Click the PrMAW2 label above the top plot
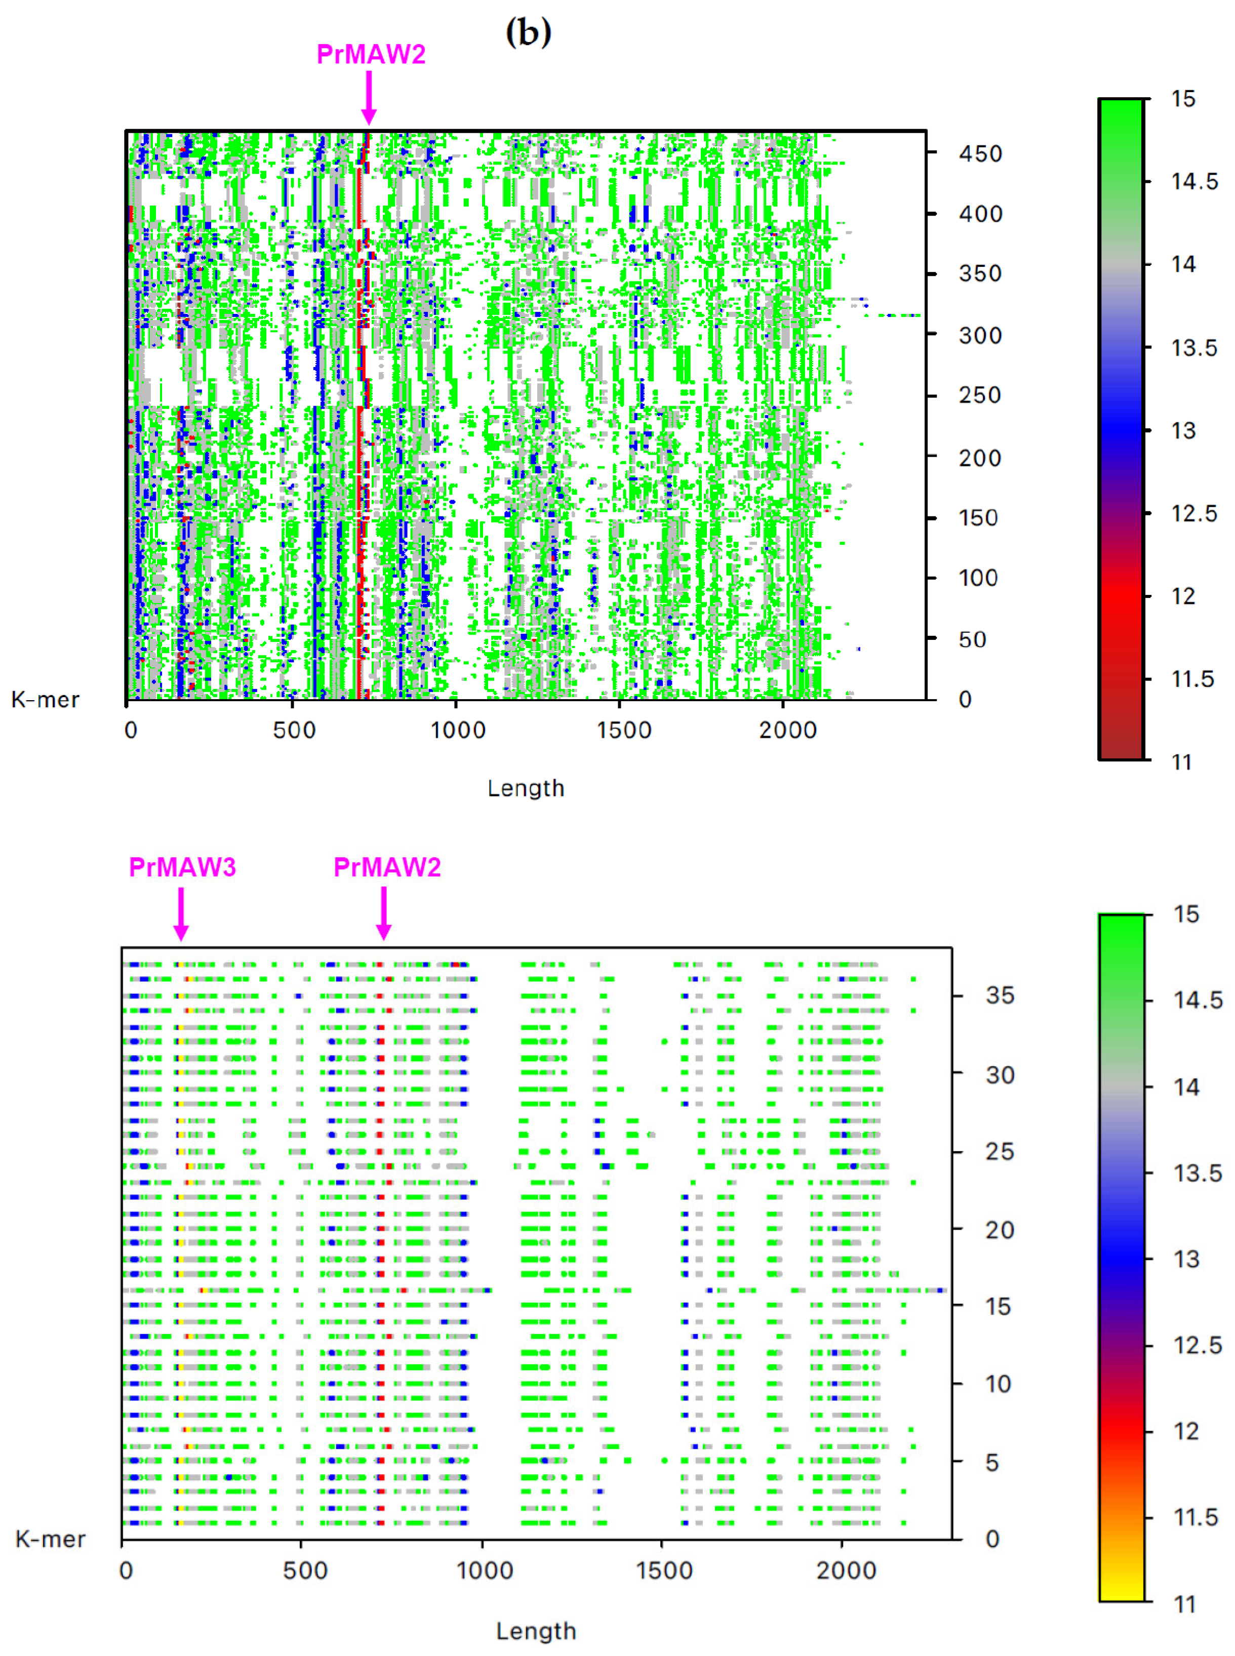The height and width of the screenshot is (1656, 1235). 371,55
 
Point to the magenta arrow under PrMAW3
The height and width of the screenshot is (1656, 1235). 181,913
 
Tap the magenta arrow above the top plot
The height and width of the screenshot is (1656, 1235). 369,98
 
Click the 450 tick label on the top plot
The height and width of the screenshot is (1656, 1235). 980,154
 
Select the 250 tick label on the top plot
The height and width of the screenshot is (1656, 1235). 979,395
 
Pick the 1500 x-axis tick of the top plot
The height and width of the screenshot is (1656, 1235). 623,730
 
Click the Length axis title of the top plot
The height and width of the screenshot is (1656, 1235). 526,788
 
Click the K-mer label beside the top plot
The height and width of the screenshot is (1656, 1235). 45,700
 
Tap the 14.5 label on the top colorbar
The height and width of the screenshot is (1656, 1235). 1194,182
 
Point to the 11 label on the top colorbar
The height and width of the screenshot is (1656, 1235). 1181,762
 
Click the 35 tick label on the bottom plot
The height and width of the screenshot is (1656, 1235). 1000,995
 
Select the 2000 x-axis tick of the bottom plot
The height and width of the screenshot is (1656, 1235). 846,1570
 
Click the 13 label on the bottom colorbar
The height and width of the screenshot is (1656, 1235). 1186,1259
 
